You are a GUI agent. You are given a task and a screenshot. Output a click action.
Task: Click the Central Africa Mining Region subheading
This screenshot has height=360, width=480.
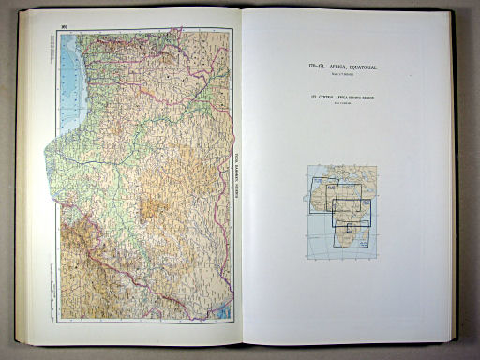[x=340, y=98]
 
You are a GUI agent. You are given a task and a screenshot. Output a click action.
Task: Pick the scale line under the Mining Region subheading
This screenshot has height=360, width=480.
[x=340, y=105]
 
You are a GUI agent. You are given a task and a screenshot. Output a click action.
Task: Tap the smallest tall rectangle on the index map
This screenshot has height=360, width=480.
[x=351, y=227]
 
